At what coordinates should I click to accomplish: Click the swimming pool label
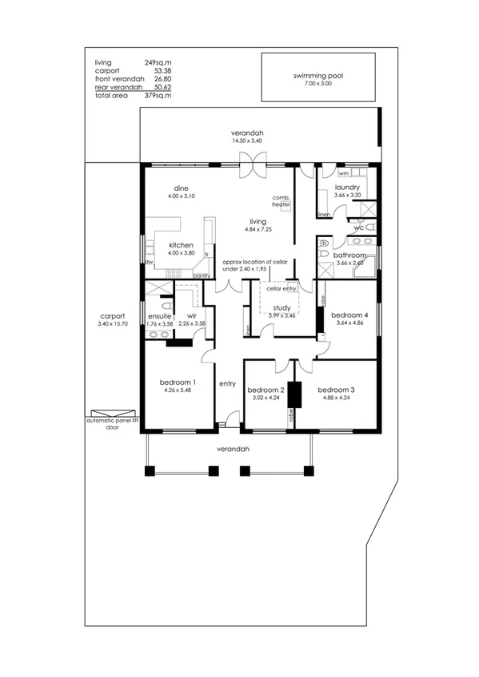pos(317,77)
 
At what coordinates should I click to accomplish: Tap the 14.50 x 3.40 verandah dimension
pos(247,141)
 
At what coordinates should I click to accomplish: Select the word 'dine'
pos(182,188)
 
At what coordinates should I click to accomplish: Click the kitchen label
pos(181,244)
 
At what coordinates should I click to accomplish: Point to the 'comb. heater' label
pos(280,201)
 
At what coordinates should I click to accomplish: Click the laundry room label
pos(346,188)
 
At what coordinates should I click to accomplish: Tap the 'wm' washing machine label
pos(343,172)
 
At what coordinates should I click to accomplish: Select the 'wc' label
pos(359,228)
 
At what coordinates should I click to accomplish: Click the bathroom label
pos(351,255)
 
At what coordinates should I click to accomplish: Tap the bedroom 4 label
pos(349,315)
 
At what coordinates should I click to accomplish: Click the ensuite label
pos(160,316)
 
